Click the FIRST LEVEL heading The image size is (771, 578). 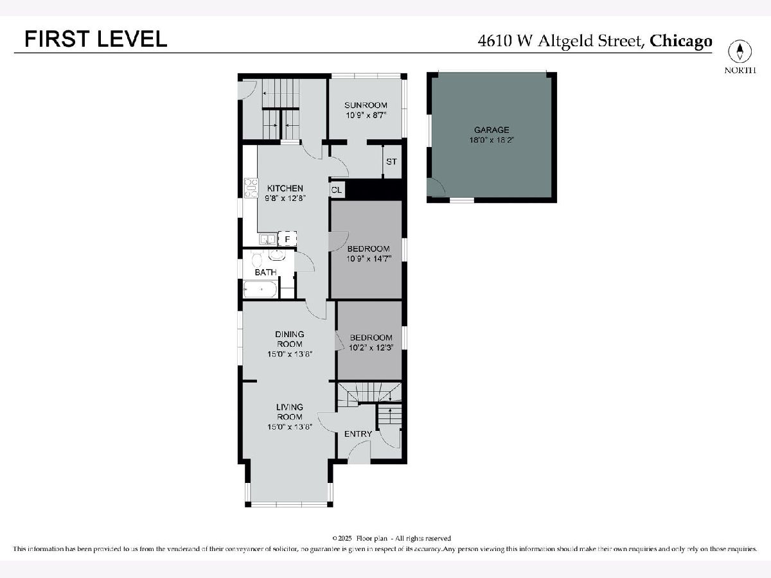[96, 39]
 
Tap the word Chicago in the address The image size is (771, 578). [680, 41]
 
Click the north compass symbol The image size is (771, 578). [740, 51]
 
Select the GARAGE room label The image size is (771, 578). [492, 130]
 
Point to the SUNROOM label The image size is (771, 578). [366, 105]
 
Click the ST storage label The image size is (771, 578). [391, 162]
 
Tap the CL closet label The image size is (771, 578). [336, 190]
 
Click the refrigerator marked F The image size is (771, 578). [287, 240]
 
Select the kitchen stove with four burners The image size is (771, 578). [251, 188]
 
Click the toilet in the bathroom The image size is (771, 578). [257, 260]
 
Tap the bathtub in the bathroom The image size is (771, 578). [260, 290]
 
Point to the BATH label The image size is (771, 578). [265, 272]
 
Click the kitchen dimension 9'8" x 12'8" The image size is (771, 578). [285, 198]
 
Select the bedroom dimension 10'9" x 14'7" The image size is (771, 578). [369, 259]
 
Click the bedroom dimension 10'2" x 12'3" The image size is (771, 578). [371, 348]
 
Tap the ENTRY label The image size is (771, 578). [358, 434]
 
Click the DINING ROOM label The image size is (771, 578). [289, 339]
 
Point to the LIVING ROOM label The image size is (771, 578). [289, 412]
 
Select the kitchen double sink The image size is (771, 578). [268, 240]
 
